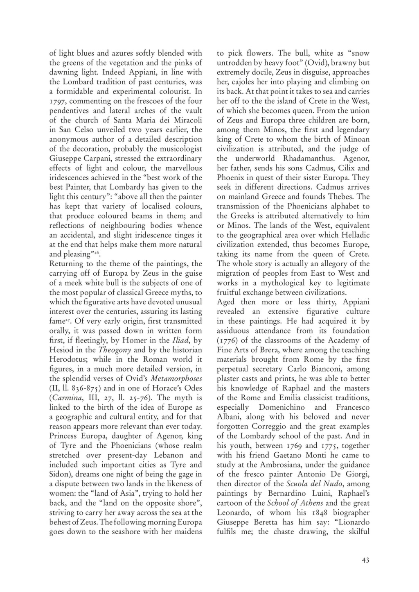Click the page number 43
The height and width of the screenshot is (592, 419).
(x=365, y=561)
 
